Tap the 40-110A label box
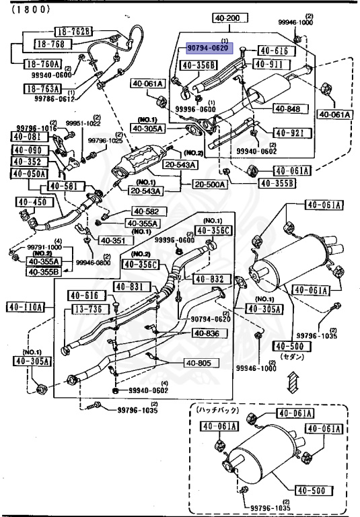pyautogui.click(x=26, y=308)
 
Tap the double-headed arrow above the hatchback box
pyautogui.click(x=290, y=384)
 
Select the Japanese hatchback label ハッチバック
pyautogui.click(x=216, y=409)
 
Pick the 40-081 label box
pyautogui.click(x=26, y=137)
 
